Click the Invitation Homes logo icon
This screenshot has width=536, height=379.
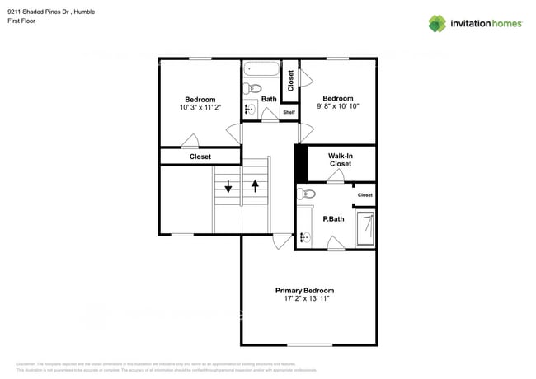point(437,23)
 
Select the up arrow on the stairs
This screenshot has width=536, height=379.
point(256,185)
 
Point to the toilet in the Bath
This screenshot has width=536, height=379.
point(255,88)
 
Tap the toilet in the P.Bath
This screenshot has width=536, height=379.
point(308,194)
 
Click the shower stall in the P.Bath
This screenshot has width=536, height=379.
point(365,227)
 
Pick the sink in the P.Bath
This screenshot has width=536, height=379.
point(303,237)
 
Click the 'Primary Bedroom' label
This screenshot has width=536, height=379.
point(304,291)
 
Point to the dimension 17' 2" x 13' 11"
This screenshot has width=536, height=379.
point(304,300)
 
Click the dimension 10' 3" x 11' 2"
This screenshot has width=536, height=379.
point(200,108)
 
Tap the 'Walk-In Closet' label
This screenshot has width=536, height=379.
point(340,159)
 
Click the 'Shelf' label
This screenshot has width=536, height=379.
point(289,112)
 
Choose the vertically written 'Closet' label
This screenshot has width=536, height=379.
point(290,80)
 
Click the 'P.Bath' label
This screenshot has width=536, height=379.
point(333,218)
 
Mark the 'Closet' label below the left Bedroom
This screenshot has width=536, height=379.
point(200,157)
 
